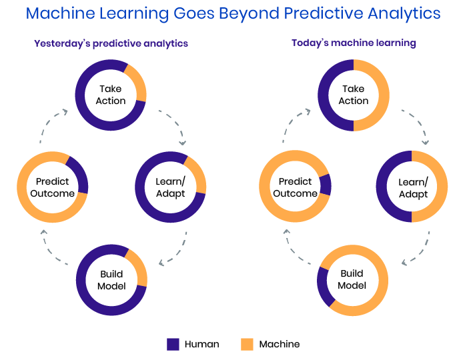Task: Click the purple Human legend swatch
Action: (x=173, y=344)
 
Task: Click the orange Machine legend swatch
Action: (x=247, y=344)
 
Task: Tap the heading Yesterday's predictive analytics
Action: (x=111, y=44)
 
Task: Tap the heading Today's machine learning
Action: (x=354, y=43)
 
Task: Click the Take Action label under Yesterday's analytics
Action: (x=111, y=95)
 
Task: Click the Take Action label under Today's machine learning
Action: (x=354, y=95)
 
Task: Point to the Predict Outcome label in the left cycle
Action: (x=53, y=187)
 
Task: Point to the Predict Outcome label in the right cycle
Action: (x=295, y=187)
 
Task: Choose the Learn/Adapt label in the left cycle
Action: (x=171, y=188)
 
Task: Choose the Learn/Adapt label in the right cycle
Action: (x=414, y=188)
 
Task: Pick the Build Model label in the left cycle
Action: (x=111, y=280)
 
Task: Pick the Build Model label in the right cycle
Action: (x=352, y=279)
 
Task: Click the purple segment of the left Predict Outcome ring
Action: (x=81, y=173)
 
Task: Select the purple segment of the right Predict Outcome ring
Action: (x=326, y=185)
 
